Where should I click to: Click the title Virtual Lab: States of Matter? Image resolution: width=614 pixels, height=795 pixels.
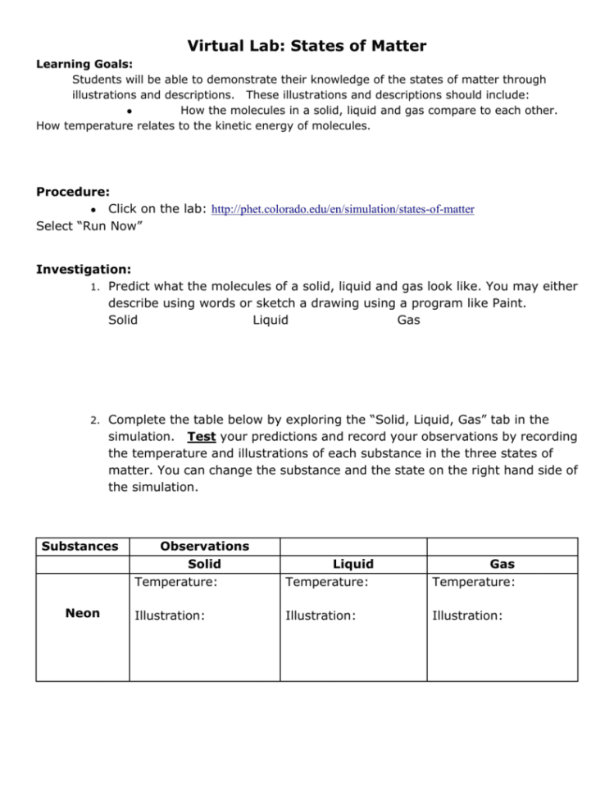click(x=307, y=46)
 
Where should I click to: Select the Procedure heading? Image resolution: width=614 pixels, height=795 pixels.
click(x=72, y=192)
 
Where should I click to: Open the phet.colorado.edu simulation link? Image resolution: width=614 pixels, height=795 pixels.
click(x=343, y=210)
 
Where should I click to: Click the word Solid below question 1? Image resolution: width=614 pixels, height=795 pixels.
click(x=123, y=320)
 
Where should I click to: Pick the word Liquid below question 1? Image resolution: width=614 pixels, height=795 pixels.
click(x=271, y=320)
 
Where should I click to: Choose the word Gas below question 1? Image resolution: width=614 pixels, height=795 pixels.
click(x=408, y=320)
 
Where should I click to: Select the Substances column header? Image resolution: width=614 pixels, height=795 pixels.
click(x=81, y=546)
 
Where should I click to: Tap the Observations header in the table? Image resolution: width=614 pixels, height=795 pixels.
click(x=204, y=546)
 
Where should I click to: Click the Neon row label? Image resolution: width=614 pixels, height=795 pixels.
click(x=82, y=613)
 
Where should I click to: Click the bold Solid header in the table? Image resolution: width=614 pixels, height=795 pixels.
click(x=204, y=564)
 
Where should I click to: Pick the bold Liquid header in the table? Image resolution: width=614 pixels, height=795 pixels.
click(x=352, y=564)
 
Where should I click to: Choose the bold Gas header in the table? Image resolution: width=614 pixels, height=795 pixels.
click(x=502, y=564)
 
